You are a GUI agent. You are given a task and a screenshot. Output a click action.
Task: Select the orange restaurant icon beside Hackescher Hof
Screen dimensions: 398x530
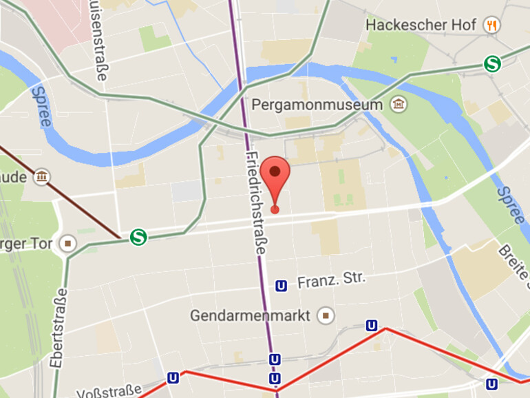[491, 25]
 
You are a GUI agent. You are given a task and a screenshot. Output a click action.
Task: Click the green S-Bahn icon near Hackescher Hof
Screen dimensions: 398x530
[492, 64]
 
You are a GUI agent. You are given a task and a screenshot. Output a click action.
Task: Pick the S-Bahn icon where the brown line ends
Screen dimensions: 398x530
[138, 238]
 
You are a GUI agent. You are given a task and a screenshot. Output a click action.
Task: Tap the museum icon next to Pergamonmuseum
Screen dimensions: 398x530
[398, 105]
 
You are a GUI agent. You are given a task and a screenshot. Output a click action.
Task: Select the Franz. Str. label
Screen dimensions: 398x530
[332, 281]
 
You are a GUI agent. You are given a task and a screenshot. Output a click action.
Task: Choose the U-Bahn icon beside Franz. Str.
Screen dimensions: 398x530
[281, 286]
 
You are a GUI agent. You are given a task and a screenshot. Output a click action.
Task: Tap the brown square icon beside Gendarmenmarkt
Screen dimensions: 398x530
[326, 315]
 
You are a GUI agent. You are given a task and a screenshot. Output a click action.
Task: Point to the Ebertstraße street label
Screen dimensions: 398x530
[59, 327]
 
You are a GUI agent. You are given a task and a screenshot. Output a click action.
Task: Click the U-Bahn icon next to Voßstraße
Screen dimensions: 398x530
[173, 378]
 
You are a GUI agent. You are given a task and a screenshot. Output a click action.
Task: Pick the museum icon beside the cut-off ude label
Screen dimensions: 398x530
[43, 178]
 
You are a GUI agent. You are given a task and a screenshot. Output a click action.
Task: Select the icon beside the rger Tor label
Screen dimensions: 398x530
[67, 243]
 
